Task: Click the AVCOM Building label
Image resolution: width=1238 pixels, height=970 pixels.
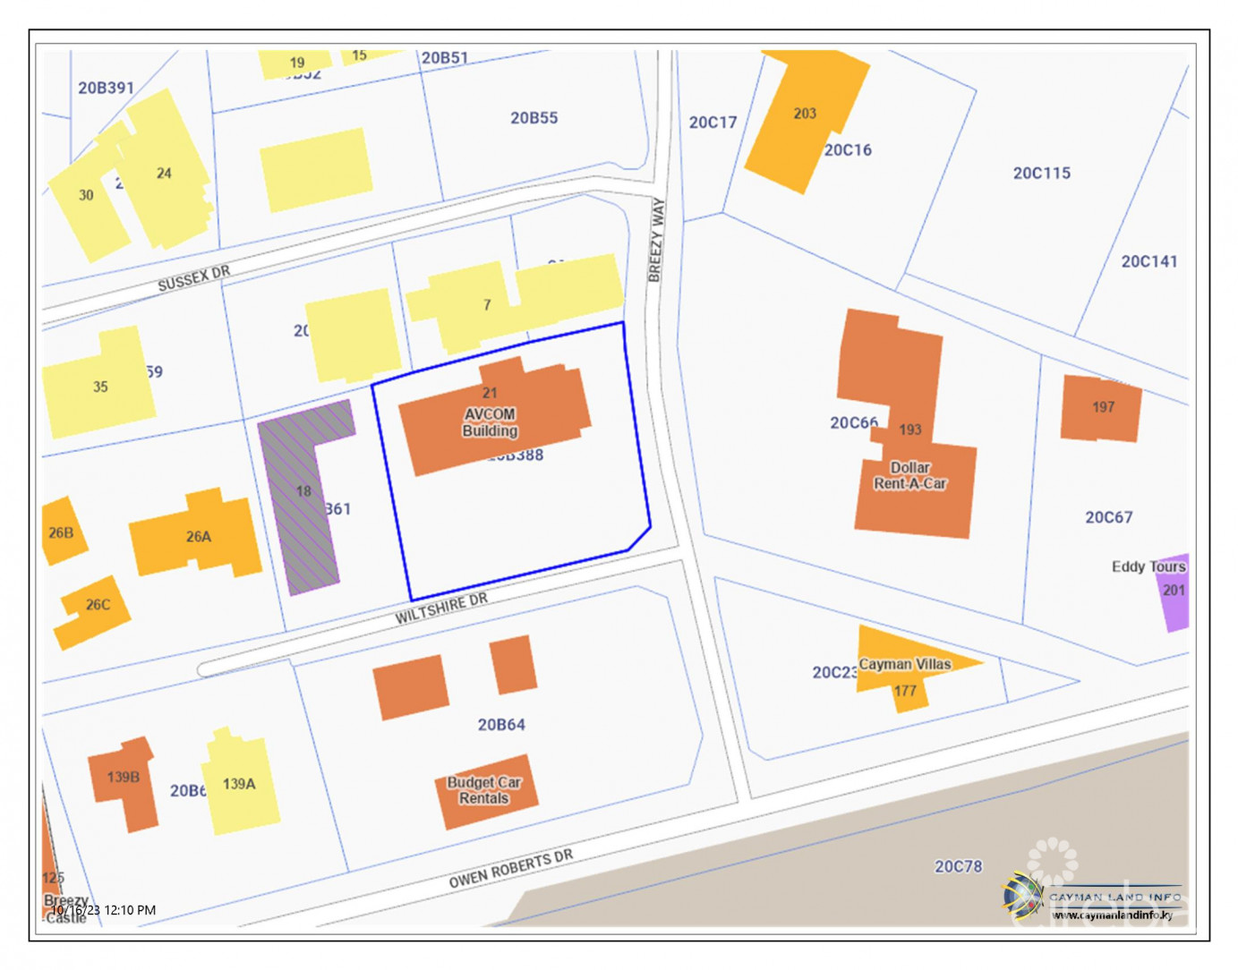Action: pos(490,422)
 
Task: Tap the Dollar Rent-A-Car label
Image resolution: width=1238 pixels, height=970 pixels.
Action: pos(909,475)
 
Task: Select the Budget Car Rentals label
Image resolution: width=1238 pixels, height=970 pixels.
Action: pos(484,790)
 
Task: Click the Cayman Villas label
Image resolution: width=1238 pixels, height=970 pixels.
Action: pos(904,664)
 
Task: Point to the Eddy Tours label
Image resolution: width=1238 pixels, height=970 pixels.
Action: pos(1148,566)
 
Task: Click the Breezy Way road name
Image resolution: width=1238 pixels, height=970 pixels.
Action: pos(657,240)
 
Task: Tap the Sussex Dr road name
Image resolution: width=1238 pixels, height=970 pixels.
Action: pos(193,278)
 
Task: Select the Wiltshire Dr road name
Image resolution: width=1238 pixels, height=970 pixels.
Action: pos(441,608)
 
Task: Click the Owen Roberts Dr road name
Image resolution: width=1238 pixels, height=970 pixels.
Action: pos(510,869)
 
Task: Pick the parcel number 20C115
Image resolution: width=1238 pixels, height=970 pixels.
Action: pos(1041,173)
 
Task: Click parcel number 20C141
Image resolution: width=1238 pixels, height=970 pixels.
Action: pos(1148,261)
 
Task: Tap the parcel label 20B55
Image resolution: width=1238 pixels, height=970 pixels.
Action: pos(534,117)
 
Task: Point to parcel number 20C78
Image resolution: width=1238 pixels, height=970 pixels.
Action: pos(958,866)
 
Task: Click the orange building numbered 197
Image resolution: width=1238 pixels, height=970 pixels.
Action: pos(1101,408)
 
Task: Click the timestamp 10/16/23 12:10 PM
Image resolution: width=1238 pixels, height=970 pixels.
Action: pos(103,910)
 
